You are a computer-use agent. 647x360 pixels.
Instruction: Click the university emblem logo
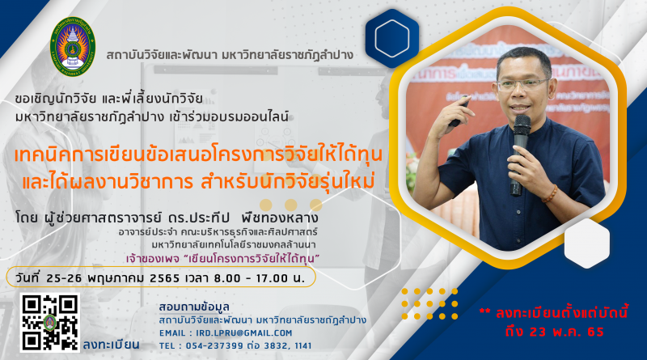(x=73, y=47)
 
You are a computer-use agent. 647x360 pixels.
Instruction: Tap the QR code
(x=50, y=323)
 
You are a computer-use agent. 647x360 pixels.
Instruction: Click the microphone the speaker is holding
(x=520, y=155)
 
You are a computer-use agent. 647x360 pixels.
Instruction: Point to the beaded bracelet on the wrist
(x=550, y=194)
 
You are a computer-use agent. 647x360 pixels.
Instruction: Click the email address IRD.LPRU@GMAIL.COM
(x=244, y=333)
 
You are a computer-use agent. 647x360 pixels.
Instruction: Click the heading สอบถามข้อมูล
(x=194, y=307)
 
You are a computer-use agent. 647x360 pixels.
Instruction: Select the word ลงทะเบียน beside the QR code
(x=111, y=345)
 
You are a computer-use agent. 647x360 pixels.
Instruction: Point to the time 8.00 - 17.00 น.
(x=259, y=278)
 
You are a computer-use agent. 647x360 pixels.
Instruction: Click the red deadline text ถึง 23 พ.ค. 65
(x=554, y=332)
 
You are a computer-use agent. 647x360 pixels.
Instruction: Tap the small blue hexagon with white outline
(x=392, y=38)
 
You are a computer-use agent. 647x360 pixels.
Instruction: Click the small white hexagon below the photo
(x=587, y=244)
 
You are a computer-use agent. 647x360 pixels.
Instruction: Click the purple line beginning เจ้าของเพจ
(x=223, y=259)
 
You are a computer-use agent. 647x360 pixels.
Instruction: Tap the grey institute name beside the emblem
(x=230, y=54)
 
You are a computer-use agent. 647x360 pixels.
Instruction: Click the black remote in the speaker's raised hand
(x=459, y=112)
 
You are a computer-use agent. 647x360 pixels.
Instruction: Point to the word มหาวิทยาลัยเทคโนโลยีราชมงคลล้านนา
(x=234, y=245)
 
